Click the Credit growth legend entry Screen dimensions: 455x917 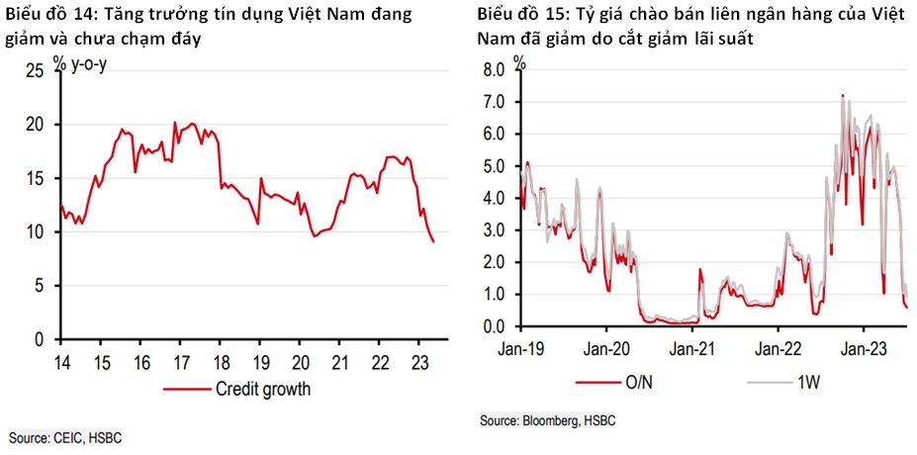point(262,389)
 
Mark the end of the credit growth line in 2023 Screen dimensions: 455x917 point(433,241)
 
